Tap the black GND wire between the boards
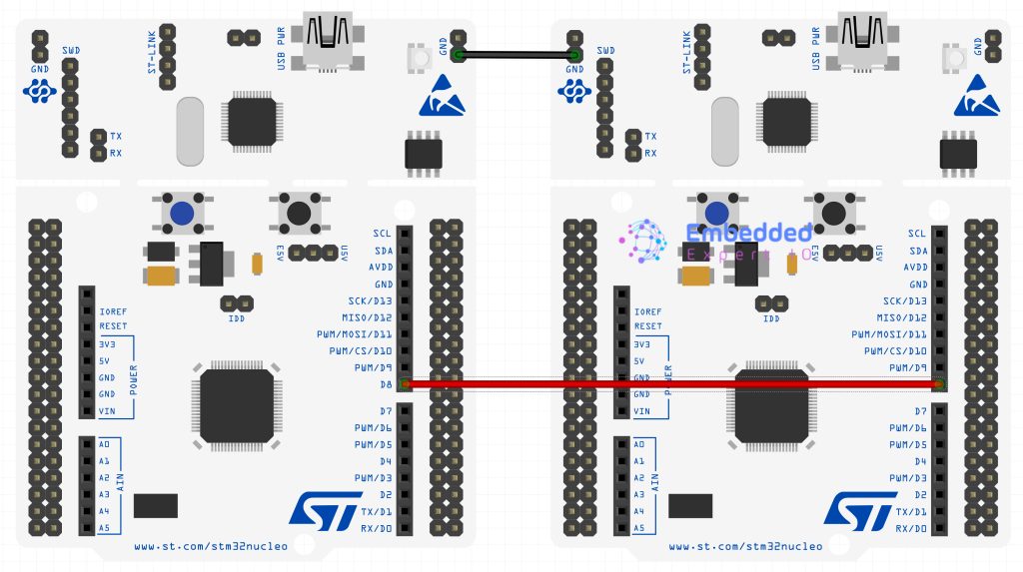[515, 54]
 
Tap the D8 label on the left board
[385, 384]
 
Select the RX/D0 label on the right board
[911, 528]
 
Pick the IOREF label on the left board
[113, 311]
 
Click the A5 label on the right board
[638, 528]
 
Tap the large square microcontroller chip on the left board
[237, 404]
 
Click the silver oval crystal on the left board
[192, 131]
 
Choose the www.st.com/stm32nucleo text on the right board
[745, 547]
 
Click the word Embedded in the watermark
[749, 234]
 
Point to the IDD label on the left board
[236, 318]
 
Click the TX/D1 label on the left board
[377, 511]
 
